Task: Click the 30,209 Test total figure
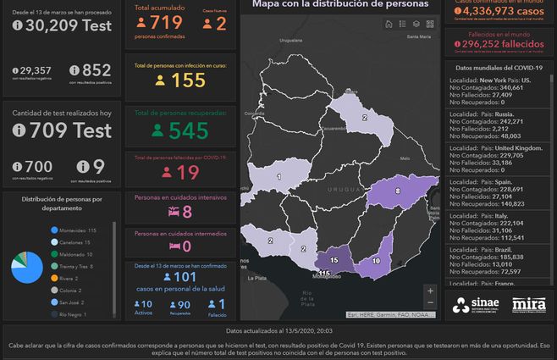click(64, 25)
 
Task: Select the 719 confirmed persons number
click(167, 23)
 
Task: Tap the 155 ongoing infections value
click(188, 80)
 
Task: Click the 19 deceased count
click(188, 172)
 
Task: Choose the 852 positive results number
click(97, 70)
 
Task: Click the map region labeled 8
click(398, 191)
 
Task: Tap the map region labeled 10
click(377, 261)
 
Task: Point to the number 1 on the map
click(279, 177)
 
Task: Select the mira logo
click(528, 304)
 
